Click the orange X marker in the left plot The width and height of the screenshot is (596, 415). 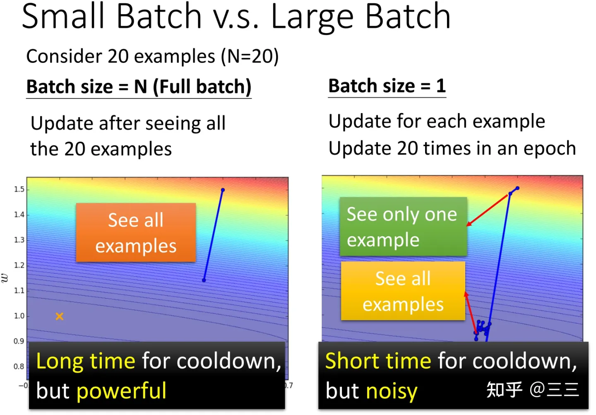(60, 316)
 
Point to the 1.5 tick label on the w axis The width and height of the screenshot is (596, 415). (19, 189)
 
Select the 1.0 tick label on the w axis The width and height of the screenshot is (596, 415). (19, 316)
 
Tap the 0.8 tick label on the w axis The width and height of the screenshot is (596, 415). (19, 367)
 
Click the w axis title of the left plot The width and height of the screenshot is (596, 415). (5, 278)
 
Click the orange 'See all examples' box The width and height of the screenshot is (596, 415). (136, 232)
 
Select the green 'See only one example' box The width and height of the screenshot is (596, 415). (404, 227)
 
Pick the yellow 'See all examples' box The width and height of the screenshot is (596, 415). (403, 291)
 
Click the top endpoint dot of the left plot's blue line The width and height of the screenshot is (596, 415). (223, 190)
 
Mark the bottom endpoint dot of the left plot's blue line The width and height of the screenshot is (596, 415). (204, 280)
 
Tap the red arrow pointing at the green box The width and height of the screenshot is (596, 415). (487, 210)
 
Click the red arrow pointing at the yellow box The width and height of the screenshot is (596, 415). (471, 312)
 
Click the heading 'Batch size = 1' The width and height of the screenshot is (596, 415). (387, 86)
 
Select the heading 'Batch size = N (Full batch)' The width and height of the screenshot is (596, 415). (139, 87)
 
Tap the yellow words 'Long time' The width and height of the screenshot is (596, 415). (86, 361)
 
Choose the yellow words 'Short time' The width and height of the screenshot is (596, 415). (378, 360)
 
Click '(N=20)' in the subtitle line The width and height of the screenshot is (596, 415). (250, 56)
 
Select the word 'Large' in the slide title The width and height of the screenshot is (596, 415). (312, 17)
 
